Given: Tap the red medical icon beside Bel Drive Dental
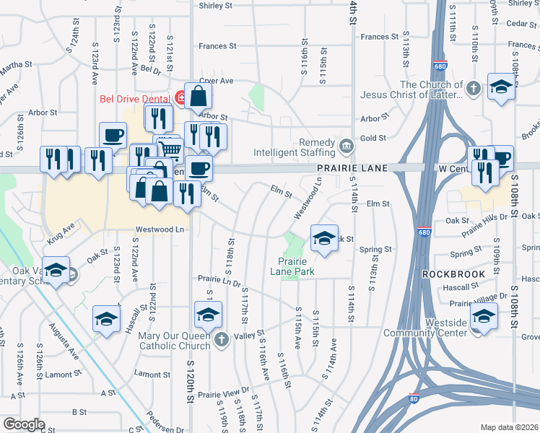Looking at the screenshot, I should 180,97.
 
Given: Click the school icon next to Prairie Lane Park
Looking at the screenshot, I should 325,237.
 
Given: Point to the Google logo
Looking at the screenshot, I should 24,424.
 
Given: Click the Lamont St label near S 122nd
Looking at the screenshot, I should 151,374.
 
